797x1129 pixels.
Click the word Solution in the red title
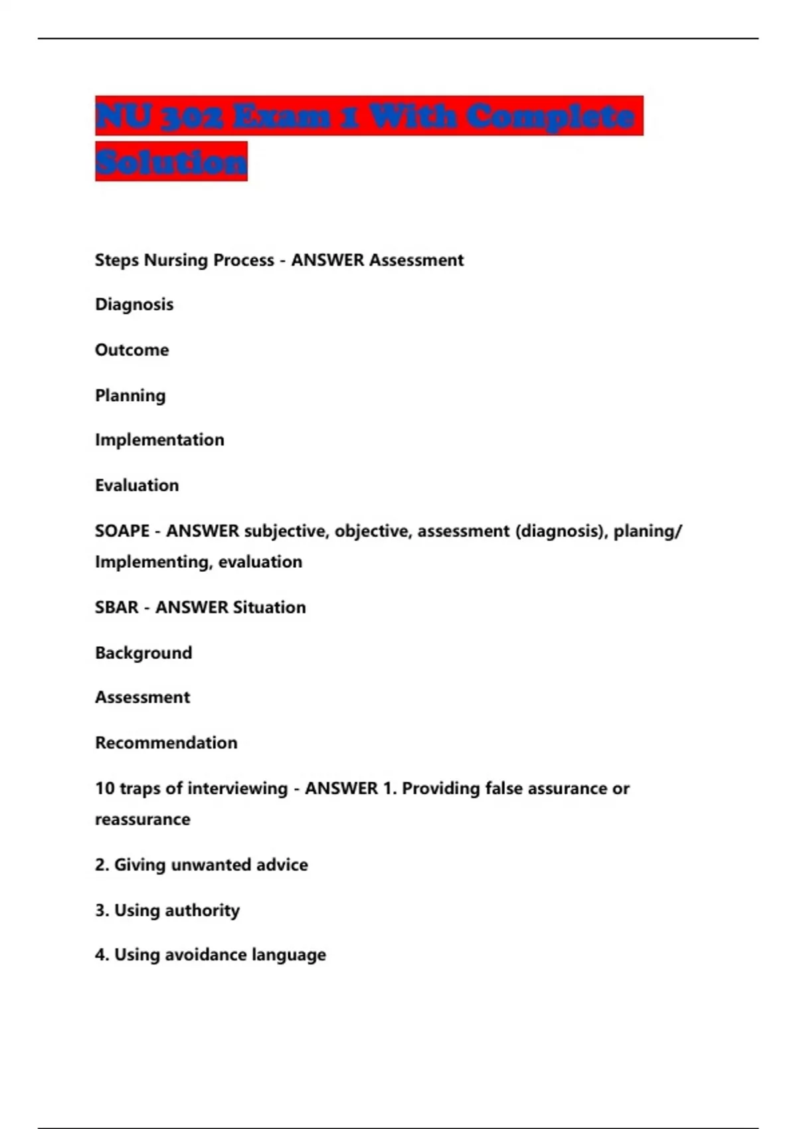click(x=171, y=161)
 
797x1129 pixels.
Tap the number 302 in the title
click(x=193, y=117)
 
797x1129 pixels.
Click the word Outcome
click(x=132, y=350)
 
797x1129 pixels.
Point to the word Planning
click(x=130, y=396)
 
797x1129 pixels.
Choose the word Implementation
click(x=159, y=440)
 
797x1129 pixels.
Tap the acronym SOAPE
click(x=122, y=531)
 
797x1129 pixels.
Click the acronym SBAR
click(x=117, y=608)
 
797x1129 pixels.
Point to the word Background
click(x=143, y=653)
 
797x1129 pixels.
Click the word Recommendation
click(x=166, y=742)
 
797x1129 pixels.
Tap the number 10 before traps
click(x=105, y=788)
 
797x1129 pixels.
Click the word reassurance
click(x=143, y=820)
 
